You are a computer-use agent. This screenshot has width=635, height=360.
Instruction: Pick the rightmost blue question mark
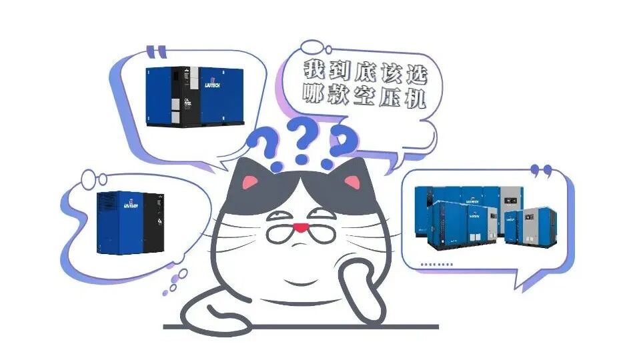[338, 144]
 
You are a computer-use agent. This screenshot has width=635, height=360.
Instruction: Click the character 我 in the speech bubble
[313, 69]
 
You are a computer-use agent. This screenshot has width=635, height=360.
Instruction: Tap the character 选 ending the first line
[416, 69]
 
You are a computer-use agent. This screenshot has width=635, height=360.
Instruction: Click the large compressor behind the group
[467, 200]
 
